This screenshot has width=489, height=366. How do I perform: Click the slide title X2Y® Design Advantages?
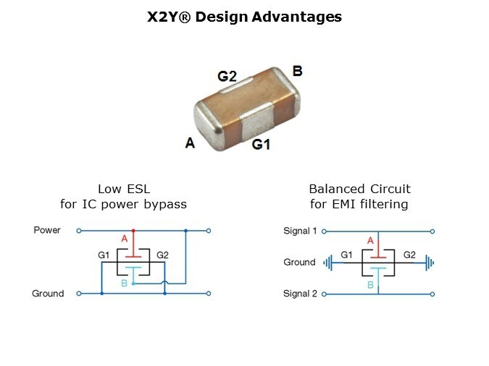pyautogui.click(x=244, y=17)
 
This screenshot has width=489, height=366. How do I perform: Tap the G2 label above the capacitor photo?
pyautogui.click(x=227, y=76)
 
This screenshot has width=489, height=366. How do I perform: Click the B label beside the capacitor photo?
pyautogui.click(x=297, y=71)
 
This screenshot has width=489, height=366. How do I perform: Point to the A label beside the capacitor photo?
pyautogui.click(x=190, y=143)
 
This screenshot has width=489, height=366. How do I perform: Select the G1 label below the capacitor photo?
pyautogui.click(x=261, y=145)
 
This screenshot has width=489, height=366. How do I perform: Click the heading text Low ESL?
pyautogui.click(x=123, y=189)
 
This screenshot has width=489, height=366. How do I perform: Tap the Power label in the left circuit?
pyautogui.click(x=47, y=230)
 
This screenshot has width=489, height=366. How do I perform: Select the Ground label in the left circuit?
pyautogui.click(x=48, y=294)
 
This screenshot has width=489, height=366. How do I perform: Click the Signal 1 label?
pyautogui.click(x=300, y=231)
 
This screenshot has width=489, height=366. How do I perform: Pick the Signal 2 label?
pyautogui.click(x=300, y=294)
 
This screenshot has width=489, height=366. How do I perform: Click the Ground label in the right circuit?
pyautogui.click(x=299, y=262)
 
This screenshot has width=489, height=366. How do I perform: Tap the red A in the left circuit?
pyautogui.click(x=124, y=238)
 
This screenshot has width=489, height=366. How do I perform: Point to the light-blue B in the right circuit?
pyautogui.click(x=370, y=286)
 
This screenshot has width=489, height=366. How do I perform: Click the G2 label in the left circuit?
pyautogui.click(x=162, y=255)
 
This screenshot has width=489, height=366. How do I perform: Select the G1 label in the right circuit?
pyautogui.click(x=346, y=255)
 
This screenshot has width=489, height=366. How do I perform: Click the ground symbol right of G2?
pyautogui.click(x=430, y=263)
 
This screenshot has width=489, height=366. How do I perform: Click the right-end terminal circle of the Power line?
pyautogui.click(x=209, y=231)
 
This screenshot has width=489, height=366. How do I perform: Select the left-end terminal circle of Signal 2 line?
pyautogui.click(x=324, y=294)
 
